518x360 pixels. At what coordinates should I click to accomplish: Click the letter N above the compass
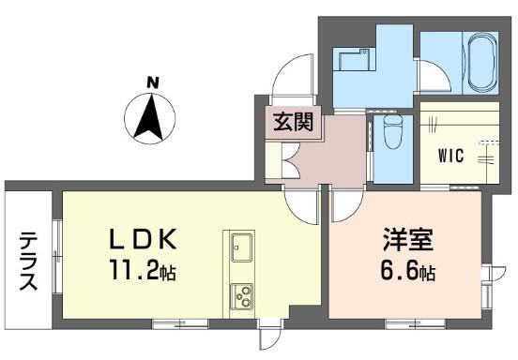coord(153,82)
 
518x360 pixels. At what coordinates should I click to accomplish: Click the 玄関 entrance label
coord(294,122)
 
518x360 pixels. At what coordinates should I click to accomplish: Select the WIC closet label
coord(451,156)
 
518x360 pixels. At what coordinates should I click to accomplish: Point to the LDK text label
coord(143,239)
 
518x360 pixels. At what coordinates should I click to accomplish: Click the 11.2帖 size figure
coord(143,269)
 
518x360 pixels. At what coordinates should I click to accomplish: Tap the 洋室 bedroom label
coord(407,239)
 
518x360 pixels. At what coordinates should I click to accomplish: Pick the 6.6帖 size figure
coord(408,271)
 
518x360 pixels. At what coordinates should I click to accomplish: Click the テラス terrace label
coord(28,261)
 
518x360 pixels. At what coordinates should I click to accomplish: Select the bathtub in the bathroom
coord(483,64)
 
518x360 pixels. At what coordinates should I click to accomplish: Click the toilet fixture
coord(393,132)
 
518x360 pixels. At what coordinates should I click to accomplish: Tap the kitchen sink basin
coord(241,247)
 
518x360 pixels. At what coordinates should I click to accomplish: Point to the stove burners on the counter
coord(241,296)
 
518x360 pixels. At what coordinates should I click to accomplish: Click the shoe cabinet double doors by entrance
coord(291,159)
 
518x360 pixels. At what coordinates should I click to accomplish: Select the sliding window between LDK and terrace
coord(56,256)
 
